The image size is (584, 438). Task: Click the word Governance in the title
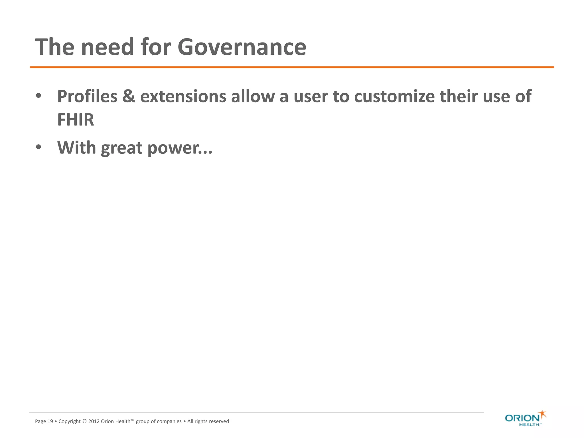[x=242, y=47]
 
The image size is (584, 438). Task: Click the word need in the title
[x=108, y=47]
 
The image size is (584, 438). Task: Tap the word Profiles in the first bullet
[x=87, y=96]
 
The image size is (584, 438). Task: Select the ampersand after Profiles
[x=129, y=96]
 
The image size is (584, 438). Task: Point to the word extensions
[x=183, y=96]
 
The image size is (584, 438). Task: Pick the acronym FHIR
[x=76, y=120]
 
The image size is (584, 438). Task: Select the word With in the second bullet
[x=76, y=148]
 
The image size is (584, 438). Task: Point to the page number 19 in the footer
[x=50, y=421]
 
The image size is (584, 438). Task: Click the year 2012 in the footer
[x=94, y=421]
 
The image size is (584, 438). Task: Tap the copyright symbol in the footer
[x=84, y=421]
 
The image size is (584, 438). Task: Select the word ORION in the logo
[x=522, y=418]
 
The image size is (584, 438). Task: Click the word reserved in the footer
[x=219, y=421]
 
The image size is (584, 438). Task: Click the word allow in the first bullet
[x=253, y=96]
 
